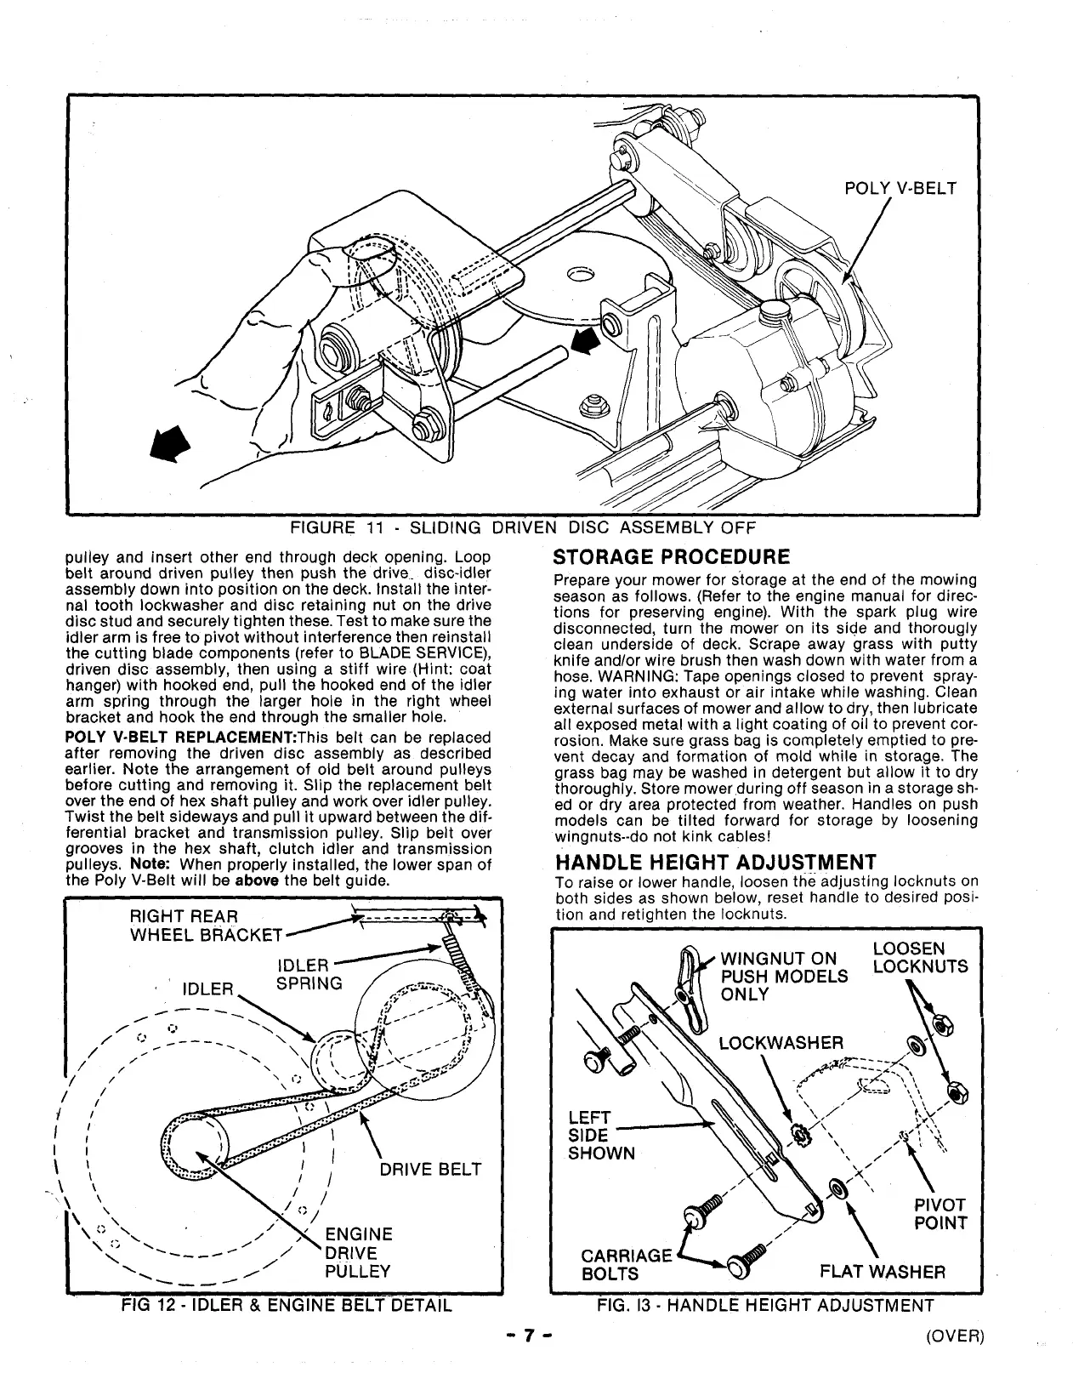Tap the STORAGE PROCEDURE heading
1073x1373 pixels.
(x=672, y=558)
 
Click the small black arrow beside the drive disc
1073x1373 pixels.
(x=585, y=343)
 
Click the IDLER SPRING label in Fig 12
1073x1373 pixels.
(x=309, y=975)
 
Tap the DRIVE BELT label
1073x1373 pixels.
(x=430, y=1170)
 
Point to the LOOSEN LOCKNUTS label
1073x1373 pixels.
(x=920, y=958)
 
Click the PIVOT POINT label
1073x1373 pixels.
(x=940, y=1215)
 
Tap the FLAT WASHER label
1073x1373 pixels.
(x=883, y=1273)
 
